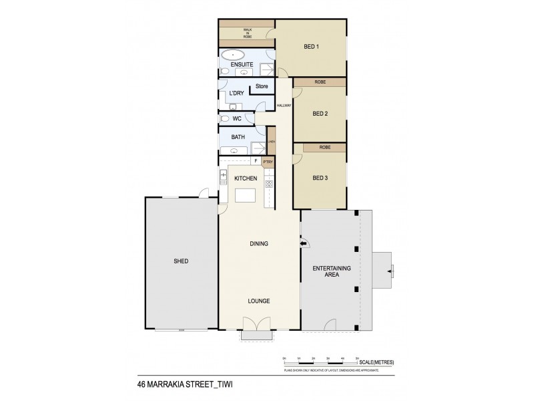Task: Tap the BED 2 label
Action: point(321,113)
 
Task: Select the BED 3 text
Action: point(321,178)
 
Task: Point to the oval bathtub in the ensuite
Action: point(234,55)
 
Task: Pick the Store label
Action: point(262,86)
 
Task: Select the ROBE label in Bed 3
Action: point(325,147)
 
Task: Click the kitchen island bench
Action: point(245,196)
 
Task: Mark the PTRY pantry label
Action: point(268,161)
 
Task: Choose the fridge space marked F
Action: point(256,161)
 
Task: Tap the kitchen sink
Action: point(223,177)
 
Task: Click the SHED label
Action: point(180,261)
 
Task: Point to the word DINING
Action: point(259,244)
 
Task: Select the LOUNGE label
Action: point(259,301)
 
